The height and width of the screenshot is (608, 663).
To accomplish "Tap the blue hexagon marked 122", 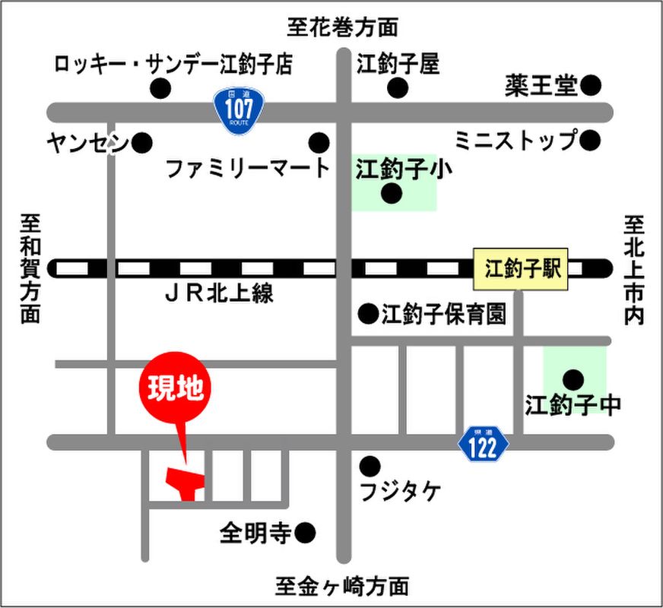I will tap(484, 443).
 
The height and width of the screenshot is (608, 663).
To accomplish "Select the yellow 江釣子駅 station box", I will tap(521, 268).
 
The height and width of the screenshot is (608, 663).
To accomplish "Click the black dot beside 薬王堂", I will tap(591, 85).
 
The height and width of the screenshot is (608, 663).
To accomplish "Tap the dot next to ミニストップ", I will tap(591, 140).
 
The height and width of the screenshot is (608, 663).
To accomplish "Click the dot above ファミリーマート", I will tap(319, 142).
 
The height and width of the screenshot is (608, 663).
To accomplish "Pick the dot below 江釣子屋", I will tap(398, 88).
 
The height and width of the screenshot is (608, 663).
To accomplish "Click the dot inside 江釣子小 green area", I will tap(392, 194).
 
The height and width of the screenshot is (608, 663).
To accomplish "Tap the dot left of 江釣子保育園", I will tap(369, 312).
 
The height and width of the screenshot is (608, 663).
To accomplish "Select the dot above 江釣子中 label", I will tap(573, 378).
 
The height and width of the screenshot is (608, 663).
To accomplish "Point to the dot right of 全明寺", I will tap(305, 534).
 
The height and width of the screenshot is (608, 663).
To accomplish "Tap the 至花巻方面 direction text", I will tap(342, 27).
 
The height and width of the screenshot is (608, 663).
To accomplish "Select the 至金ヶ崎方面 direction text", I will tap(342, 586).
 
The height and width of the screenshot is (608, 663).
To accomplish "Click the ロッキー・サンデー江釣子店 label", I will tap(173, 64).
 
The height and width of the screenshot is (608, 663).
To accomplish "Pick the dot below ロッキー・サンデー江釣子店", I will tap(160, 88).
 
